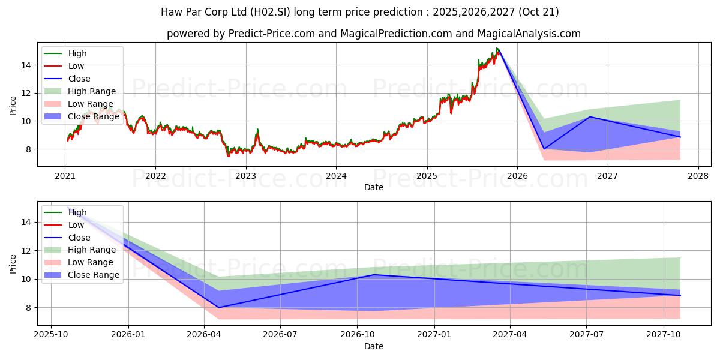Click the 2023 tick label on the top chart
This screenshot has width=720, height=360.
pos(245,176)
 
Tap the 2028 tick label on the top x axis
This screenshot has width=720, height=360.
pos(698,176)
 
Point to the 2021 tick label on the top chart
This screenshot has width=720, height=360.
pos(65,176)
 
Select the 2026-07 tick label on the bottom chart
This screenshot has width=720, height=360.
pos(281,334)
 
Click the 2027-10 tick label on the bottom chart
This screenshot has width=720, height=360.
pos(664,334)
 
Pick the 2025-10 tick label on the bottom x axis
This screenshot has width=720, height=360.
pos(51,334)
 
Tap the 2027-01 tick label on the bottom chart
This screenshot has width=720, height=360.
pos(434,334)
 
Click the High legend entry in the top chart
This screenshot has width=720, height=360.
pos(77,53)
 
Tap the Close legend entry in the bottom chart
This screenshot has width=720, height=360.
pos(79,238)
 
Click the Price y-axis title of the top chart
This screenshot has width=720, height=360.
pos(13,106)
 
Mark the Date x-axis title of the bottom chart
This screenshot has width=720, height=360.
pos(373,346)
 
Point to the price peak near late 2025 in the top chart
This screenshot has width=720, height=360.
pos(497,49)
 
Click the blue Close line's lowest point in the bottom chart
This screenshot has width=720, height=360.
pos(218,308)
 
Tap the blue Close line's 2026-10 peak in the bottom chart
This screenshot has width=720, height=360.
pos(374,275)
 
